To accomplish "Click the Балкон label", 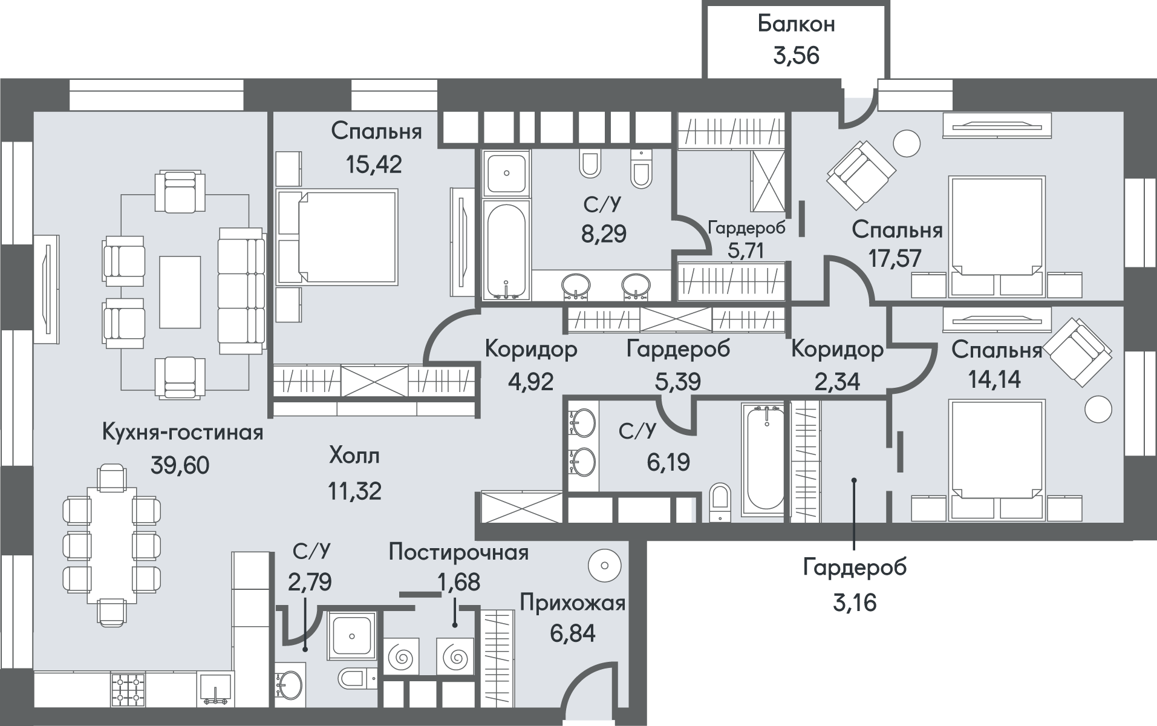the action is (x=796, y=24).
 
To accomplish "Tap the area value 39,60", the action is (x=180, y=466).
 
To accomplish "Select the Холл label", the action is (x=354, y=455).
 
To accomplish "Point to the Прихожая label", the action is (x=572, y=603).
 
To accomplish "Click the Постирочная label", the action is (x=458, y=552).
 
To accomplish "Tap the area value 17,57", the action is (x=895, y=258).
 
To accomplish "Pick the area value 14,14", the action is (x=994, y=379).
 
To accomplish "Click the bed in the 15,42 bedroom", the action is (x=337, y=237).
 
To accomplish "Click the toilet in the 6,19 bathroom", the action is (x=720, y=501).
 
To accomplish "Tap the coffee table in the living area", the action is (x=180, y=292).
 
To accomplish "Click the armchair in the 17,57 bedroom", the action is (x=861, y=173).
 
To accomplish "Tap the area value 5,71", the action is (x=746, y=250).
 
